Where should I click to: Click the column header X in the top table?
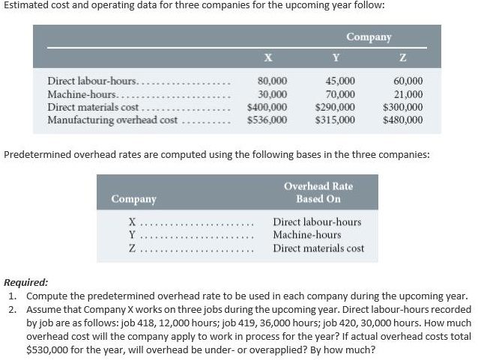click(268, 58)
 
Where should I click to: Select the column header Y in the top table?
click(336, 58)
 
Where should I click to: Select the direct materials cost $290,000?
click(336, 106)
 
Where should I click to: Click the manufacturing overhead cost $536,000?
click(267, 119)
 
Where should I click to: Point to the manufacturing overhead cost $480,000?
click(402, 119)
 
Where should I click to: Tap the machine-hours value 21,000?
click(408, 94)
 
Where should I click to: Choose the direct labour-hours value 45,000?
click(340, 81)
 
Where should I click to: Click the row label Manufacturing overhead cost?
click(112, 119)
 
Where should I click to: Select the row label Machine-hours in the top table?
click(81, 94)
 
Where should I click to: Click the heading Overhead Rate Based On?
click(318, 192)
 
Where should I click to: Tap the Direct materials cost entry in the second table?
click(318, 248)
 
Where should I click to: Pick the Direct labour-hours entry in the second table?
click(317, 222)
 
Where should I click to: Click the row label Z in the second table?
click(132, 248)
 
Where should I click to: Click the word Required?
click(26, 283)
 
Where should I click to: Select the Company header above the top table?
click(369, 37)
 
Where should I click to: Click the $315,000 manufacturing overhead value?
click(336, 119)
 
